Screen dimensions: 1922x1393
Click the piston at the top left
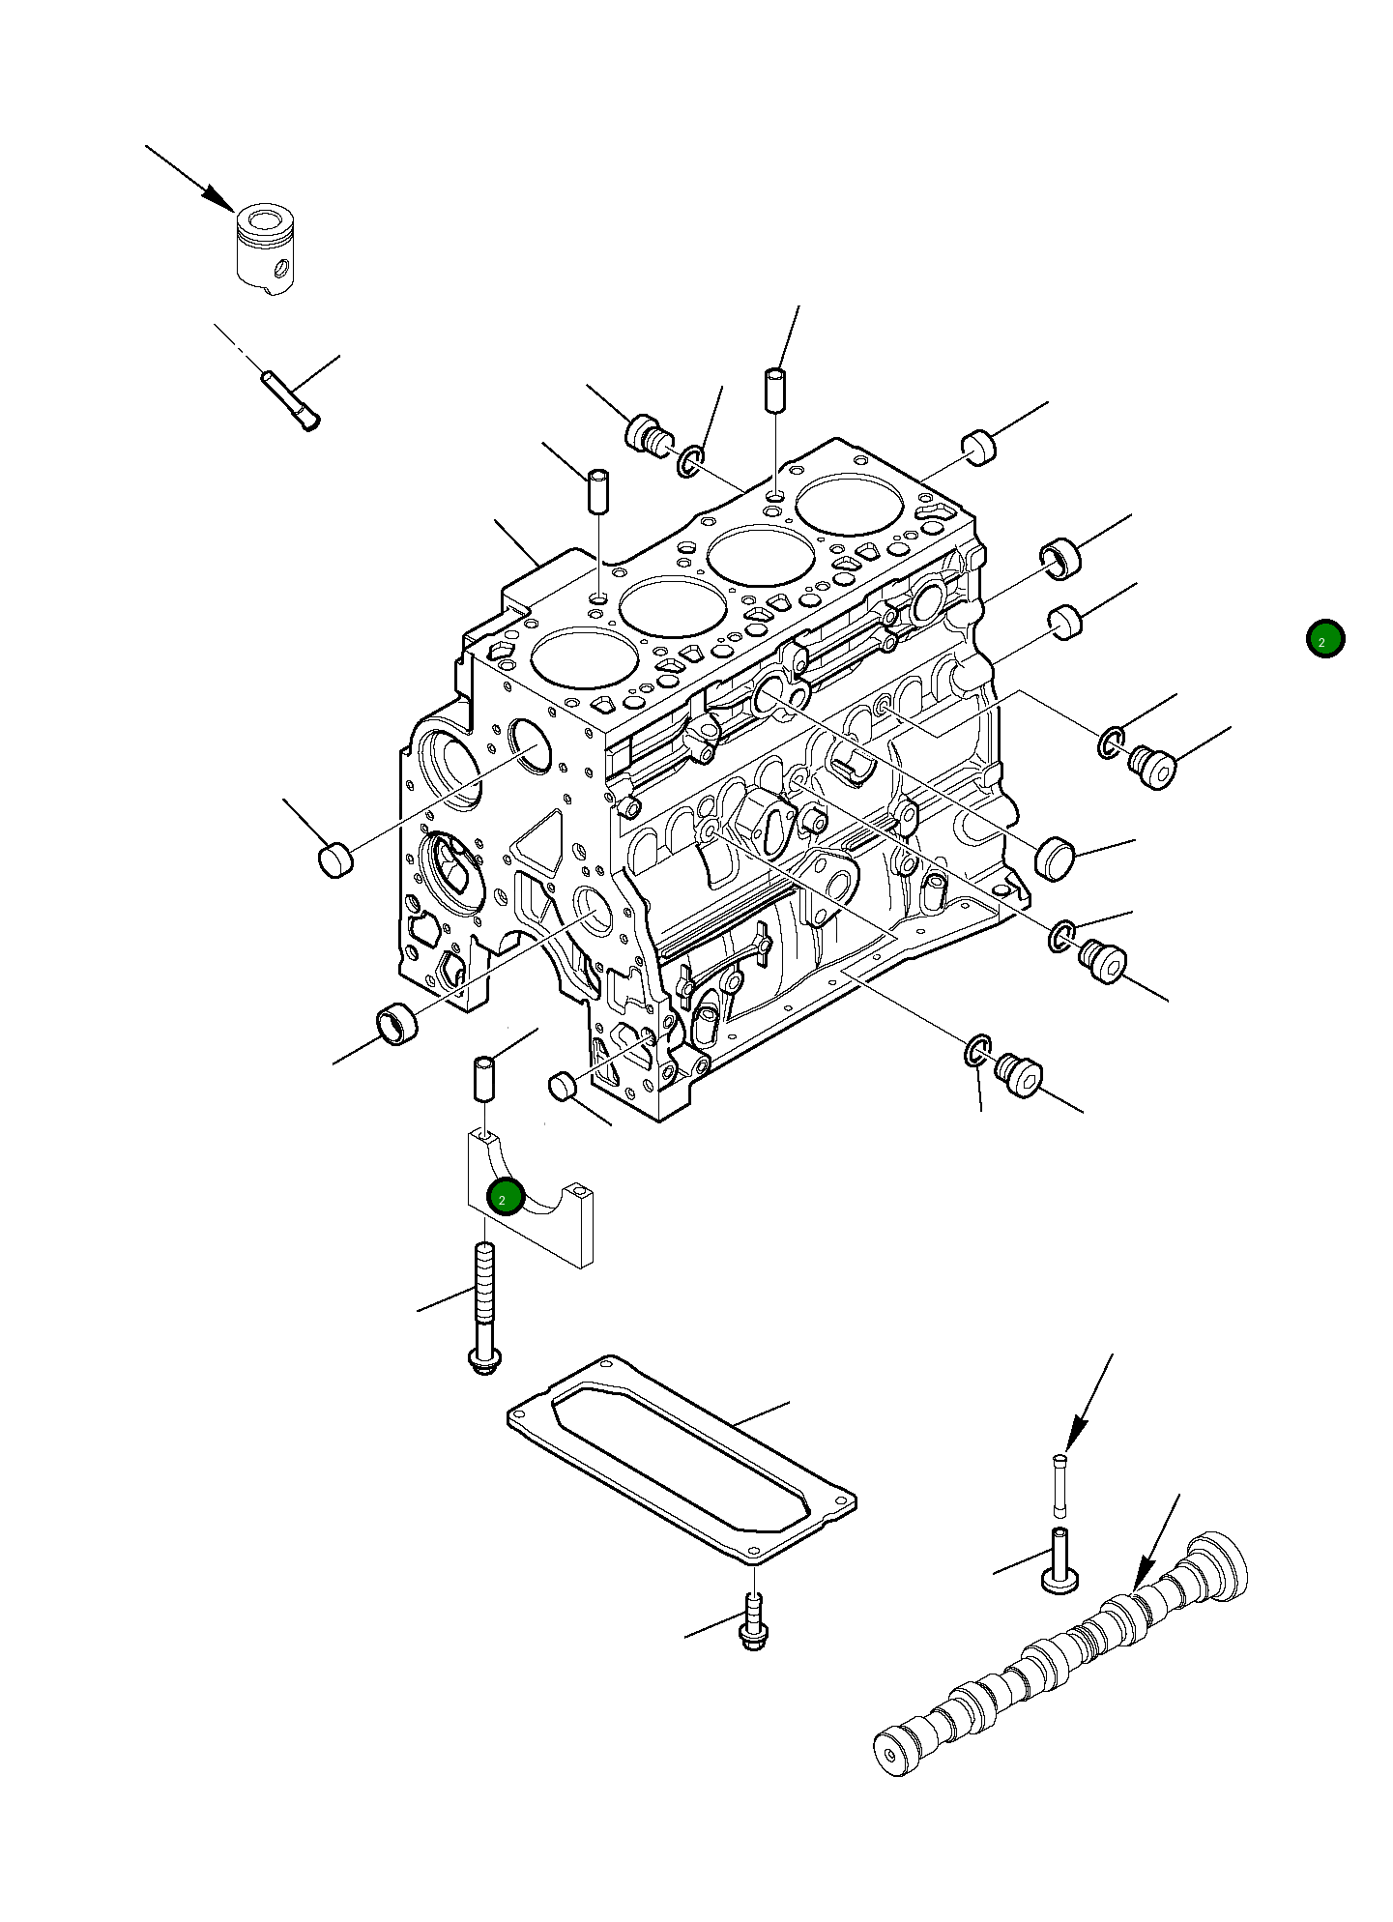click(265, 248)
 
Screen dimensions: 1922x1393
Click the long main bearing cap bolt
click(484, 1304)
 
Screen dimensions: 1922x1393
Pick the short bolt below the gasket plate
click(752, 1624)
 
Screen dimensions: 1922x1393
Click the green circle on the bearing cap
click(505, 1198)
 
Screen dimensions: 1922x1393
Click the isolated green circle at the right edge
click(1323, 639)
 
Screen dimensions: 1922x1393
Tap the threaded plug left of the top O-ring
click(648, 435)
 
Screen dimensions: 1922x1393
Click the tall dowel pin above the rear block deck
click(775, 389)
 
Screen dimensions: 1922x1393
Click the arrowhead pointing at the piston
click(220, 199)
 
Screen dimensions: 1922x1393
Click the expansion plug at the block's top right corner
click(979, 449)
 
